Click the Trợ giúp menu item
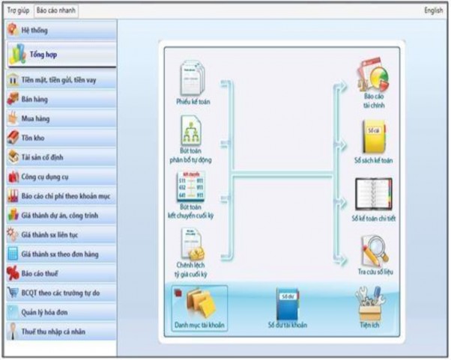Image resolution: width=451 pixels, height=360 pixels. point(17,10)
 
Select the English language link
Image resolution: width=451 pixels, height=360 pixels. point(433,10)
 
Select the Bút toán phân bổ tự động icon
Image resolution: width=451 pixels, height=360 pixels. point(192,132)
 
